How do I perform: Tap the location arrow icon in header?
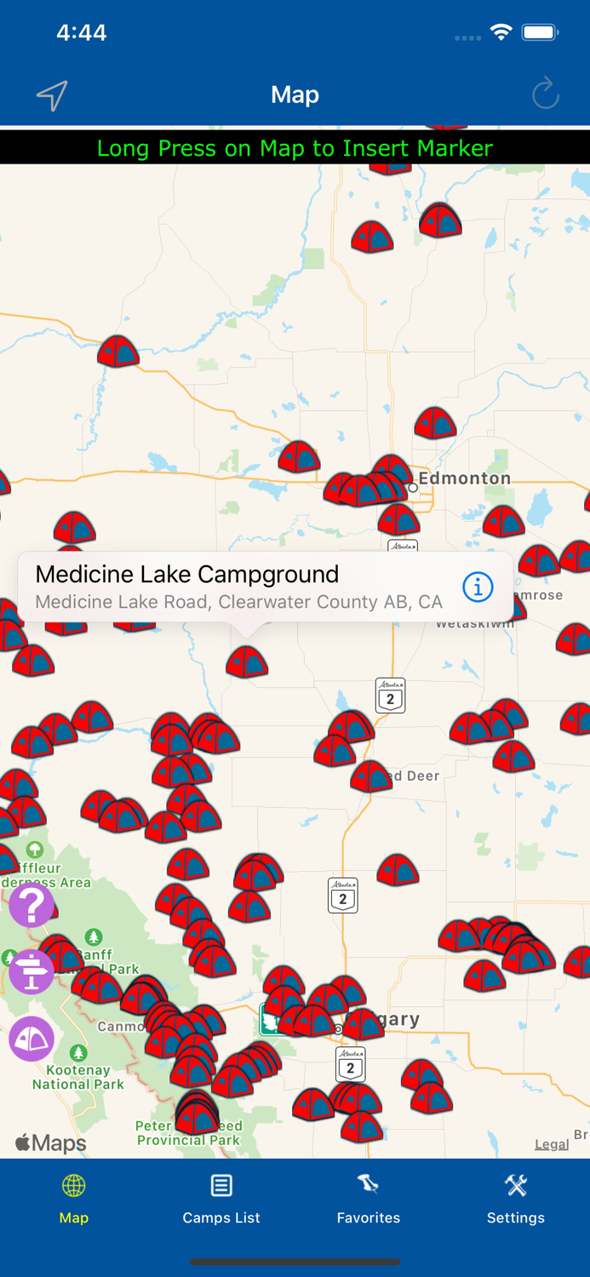click(x=52, y=95)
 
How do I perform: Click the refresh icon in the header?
click(x=545, y=94)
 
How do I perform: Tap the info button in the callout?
click(x=478, y=587)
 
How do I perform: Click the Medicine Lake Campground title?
click(x=187, y=575)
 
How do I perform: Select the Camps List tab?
click(x=221, y=1199)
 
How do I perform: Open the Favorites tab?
click(x=368, y=1199)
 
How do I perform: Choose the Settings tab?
click(x=515, y=1199)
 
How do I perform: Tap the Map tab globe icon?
click(x=74, y=1186)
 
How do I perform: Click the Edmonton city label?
click(x=464, y=478)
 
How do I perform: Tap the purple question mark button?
click(x=32, y=905)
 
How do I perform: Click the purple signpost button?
click(x=32, y=972)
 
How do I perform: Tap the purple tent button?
click(x=32, y=1039)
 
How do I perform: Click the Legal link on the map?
click(x=551, y=1144)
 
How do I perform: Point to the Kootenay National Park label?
click(x=78, y=1077)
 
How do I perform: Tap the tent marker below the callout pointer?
click(x=247, y=661)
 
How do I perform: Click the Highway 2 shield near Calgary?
click(x=350, y=1064)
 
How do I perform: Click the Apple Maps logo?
click(x=51, y=1143)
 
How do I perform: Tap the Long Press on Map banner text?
click(x=295, y=148)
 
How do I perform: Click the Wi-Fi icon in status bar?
click(x=501, y=32)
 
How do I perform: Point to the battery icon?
click(x=540, y=32)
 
